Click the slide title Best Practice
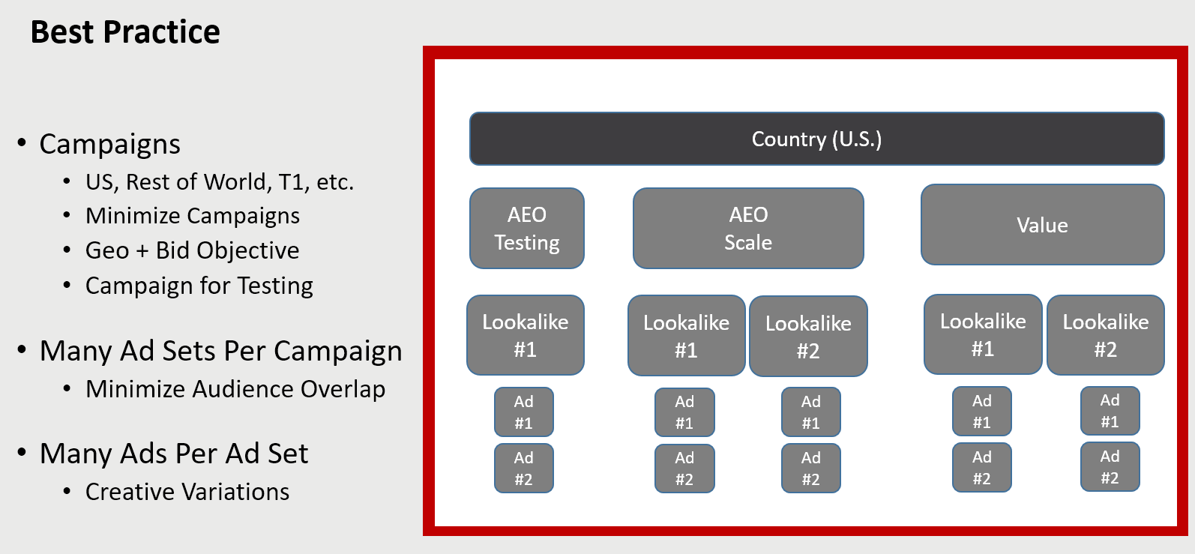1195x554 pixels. pyautogui.click(x=125, y=32)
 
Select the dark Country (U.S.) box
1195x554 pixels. pyautogui.click(x=816, y=139)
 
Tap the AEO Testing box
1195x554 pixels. pyautogui.click(x=526, y=229)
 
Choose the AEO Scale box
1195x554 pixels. pyautogui.click(x=748, y=229)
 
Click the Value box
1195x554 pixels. pyautogui.click(x=1042, y=225)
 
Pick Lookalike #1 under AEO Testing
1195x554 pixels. pyautogui.click(x=526, y=335)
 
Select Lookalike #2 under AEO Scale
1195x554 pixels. pyautogui.click(x=808, y=337)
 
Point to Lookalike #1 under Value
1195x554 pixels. pyautogui.click(x=983, y=334)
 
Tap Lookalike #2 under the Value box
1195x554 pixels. pyautogui.click(x=1105, y=335)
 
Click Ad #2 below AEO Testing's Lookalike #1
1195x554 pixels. pyautogui.click(x=524, y=468)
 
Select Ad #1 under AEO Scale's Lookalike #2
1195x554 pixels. pyautogui.click(x=811, y=412)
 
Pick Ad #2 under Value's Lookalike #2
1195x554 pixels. pyautogui.click(x=1110, y=467)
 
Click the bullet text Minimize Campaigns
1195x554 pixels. pyautogui.click(x=193, y=216)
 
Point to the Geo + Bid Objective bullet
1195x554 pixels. pyautogui.click(x=192, y=250)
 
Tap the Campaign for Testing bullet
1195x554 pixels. pyautogui.click(x=199, y=286)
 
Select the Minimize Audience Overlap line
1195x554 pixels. pyautogui.click(x=235, y=389)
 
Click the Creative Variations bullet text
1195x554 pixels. pyautogui.click(x=187, y=492)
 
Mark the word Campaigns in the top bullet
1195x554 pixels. pyautogui.click(x=110, y=145)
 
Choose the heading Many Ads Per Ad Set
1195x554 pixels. pyautogui.click(x=174, y=454)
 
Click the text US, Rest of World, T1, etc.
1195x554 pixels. pyautogui.click(x=219, y=182)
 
